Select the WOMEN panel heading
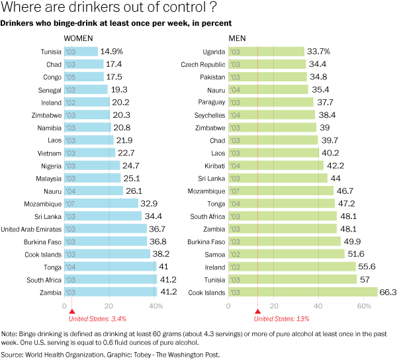[77, 38]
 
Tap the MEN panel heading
[238, 38]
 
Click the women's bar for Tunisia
[80, 52]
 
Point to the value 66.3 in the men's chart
[388, 292]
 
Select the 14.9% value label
[111, 52]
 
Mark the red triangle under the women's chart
[72, 311]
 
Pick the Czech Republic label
[202, 64]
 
